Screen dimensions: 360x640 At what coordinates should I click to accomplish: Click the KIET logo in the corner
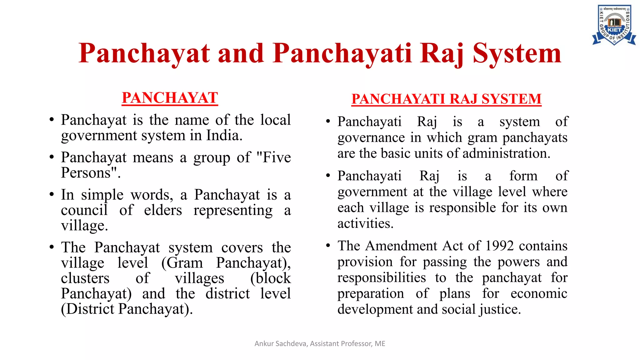click(x=614, y=25)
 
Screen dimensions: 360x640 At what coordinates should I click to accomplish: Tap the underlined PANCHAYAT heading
click(x=170, y=98)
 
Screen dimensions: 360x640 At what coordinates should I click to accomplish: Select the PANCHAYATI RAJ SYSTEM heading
click(x=446, y=99)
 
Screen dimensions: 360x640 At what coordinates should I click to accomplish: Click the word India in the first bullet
click(x=224, y=136)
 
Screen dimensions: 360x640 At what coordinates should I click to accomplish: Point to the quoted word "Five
click(x=273, y=157)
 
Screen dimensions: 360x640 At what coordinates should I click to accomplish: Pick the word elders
click(x=163, y=210)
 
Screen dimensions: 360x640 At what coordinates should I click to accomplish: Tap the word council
click(x=84, y=210)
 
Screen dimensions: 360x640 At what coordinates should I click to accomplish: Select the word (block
click(x=271, y=278)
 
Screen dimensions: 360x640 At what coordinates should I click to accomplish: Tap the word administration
click(x=506, y=153)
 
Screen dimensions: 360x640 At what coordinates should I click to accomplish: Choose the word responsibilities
click(x=382, y=278)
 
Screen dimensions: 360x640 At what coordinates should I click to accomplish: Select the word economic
click(x=539, y=293)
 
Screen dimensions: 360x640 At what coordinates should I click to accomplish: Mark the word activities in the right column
click(x=365, y=223)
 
